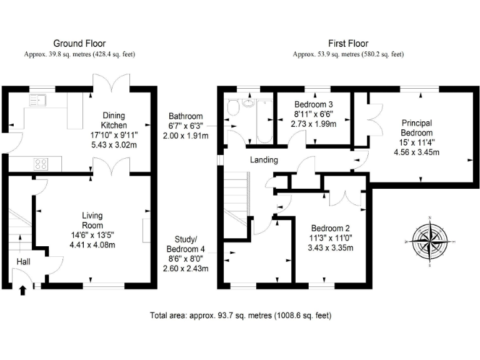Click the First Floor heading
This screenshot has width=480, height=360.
(348, 43)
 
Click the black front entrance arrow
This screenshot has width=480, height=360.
(23, 289)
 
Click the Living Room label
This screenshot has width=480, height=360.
(92, 220)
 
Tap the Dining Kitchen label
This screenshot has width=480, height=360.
(114, 120)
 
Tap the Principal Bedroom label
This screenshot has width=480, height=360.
(416, 128)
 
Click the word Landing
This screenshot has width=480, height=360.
(264, 160)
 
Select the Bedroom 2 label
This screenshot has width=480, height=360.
(331, 229)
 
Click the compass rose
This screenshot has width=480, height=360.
(430, 240)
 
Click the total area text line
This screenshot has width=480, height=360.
(241, 316)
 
